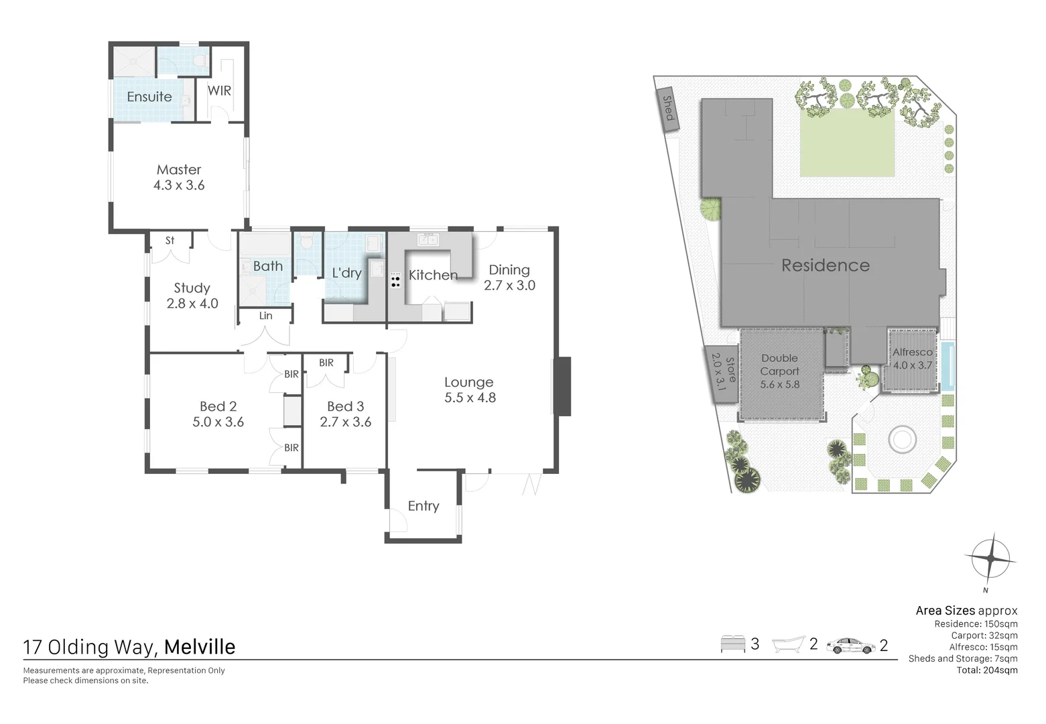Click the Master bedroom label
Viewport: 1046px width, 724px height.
pyautogui.click(x=179, y=170)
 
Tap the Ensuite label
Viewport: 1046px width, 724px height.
pyautogui.click(x=149, y=97)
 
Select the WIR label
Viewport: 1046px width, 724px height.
pyautogui.click(x=219, y=90)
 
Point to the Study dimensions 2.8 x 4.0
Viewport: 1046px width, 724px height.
pyautogui.click(x=192, y=303)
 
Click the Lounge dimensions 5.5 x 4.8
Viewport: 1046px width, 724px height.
pyautogui.click(x=470, y=398)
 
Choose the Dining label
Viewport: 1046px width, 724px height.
pyautogui.click(x=509, y=269)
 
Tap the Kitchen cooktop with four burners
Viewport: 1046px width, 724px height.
pyautogui.click(x=395, y=280)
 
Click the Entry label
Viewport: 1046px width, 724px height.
pyautogui.click(x=423, y=506)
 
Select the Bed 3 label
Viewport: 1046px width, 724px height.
pyautogui.click(x=345, y=406)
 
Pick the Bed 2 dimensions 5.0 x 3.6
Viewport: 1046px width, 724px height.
pyautogui.click(x=218, y=422)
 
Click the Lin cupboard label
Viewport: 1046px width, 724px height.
pyautogui.click(x=265, y=316)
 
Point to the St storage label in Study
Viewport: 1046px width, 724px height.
pyautogui.click(x=170, y=240)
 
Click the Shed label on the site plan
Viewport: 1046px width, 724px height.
pyautogui.click(x=667, y=108)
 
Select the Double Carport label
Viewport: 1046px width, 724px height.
pyautogui.click(x=779, y=365)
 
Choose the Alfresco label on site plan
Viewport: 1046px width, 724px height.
pyautogui.click(x=912, y=352)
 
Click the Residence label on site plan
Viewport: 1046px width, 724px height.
pyautogui.click(x=826, y=265)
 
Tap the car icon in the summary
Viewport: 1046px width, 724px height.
pyautogui.click(x=850, y=646)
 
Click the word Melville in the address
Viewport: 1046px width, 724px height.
pyautogui.click(x=200, y=647)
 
